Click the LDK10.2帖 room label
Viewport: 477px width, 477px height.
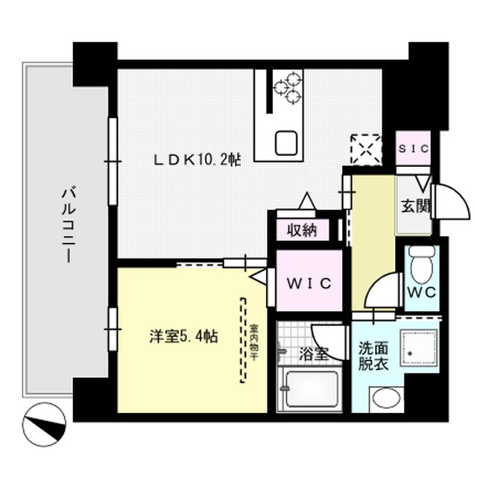point(197,159)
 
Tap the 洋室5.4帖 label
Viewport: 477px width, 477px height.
point(182,337)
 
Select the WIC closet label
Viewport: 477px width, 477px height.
point(309,284)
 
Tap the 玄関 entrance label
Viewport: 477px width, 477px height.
point(416,206)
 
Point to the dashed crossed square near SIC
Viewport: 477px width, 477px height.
point(366,148)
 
